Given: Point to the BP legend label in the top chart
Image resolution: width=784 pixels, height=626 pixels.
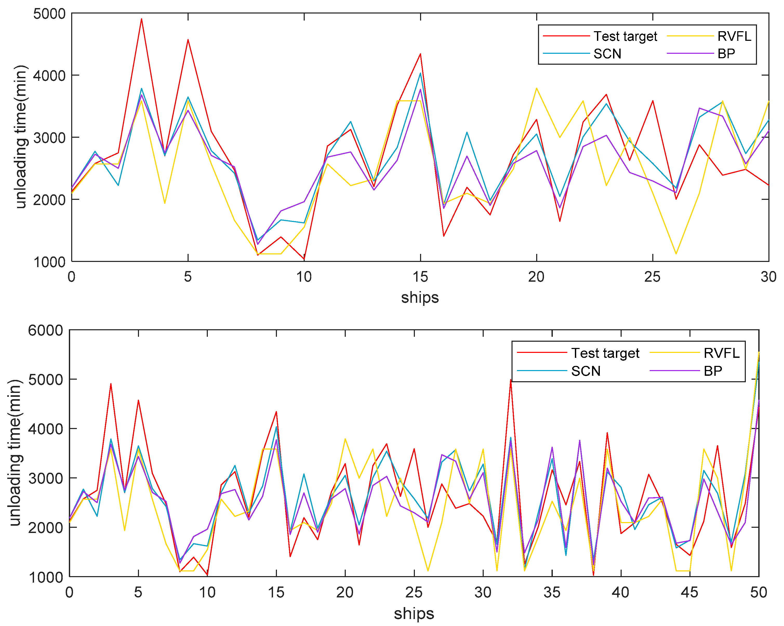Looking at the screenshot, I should point(726,54).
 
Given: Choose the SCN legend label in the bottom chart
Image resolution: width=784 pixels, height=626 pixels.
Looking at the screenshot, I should point(586,371).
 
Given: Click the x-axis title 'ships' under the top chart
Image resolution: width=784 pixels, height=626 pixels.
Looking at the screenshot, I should point(420,298).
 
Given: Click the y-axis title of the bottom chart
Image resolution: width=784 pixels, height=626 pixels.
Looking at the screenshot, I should point(15,453).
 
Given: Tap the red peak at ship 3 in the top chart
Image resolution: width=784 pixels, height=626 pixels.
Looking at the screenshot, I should point(142,19).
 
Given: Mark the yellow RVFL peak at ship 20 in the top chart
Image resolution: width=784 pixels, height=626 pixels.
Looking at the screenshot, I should point(536,88).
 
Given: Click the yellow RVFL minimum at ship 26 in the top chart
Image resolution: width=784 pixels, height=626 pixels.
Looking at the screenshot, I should point(676,254).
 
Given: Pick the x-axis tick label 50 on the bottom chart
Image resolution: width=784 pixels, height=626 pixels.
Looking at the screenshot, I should point(759,593).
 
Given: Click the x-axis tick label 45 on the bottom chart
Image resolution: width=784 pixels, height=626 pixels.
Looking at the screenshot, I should point(689,593).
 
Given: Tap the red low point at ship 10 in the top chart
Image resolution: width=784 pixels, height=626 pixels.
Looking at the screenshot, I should point(304,259).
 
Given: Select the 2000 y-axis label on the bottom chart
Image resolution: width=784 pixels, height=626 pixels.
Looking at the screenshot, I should point(45,528).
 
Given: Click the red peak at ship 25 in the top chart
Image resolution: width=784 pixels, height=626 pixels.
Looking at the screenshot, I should point(653,101).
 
